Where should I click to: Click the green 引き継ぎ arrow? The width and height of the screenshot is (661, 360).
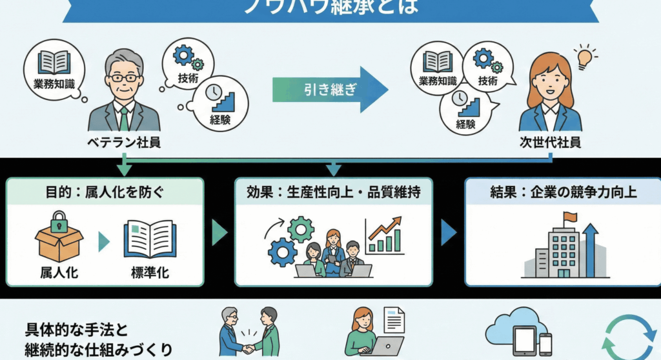tap(329, 90)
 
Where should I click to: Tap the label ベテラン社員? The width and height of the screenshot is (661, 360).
tap(124, 143)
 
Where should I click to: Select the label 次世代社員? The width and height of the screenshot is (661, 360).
tap(550, 143)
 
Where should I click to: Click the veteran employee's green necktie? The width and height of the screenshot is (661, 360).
tap(124, 119)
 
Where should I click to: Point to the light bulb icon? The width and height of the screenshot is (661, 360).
tap(585, 57)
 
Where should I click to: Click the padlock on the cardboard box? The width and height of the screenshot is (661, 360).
tap(59, 223)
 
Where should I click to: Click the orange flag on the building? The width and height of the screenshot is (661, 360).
tap(569, 217)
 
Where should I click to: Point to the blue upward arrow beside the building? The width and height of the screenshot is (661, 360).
tap(591, 248)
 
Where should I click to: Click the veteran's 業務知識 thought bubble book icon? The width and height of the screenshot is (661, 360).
tap(55, 62)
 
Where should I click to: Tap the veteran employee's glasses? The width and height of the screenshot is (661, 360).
tap(124, 77)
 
